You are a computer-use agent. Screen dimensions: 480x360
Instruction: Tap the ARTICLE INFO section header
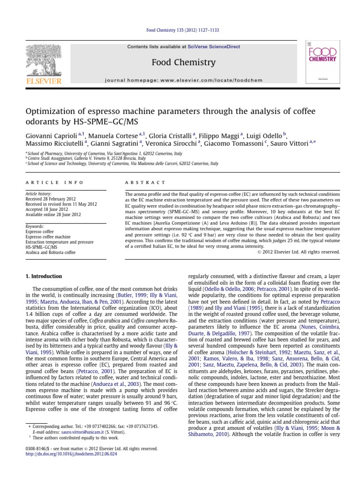coord(54,182)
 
